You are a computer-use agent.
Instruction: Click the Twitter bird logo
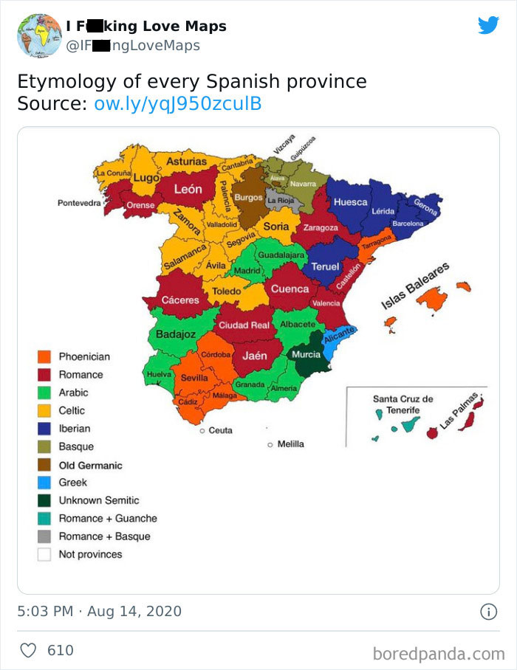[x=488, y=26]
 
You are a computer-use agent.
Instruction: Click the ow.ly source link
[x=178, y=104]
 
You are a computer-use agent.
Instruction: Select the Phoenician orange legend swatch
[x=44, y=356]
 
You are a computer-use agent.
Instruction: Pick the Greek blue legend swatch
[x=44, y=483]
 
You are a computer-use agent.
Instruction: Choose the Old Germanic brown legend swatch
[x=44, y=465]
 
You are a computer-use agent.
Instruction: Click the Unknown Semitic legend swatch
[x=44, y=500]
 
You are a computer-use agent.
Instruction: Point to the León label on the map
[x=188, y=189]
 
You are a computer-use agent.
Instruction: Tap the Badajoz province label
[x=176, y=334]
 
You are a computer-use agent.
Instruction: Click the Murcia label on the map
[x=307, y=355]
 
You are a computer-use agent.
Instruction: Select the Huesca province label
[x=350, y=201]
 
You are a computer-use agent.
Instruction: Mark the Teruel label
[x=325, y=266]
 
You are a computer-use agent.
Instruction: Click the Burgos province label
[x=248, y=198]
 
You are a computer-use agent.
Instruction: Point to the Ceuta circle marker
[x=202, y=430]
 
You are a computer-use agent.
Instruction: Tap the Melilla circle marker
[x=270, y=444]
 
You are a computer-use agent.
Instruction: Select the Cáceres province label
[x=180, y=300]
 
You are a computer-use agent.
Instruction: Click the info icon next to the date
[x=487, y=612]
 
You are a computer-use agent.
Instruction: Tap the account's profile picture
[x=39, y=35]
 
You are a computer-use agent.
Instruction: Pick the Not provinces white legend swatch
[x=44, y=554]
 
